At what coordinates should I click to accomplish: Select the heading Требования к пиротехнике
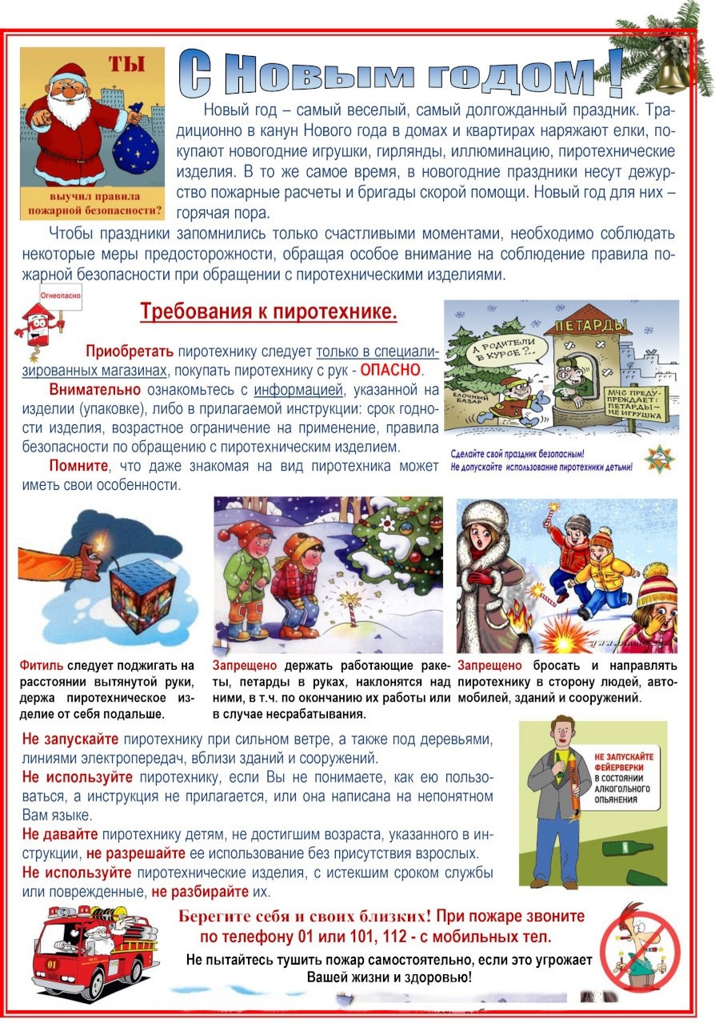pyautogui.click(x=268, y=311)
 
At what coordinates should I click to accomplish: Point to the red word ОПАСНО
pyautogui.click(x=389, y=371)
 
